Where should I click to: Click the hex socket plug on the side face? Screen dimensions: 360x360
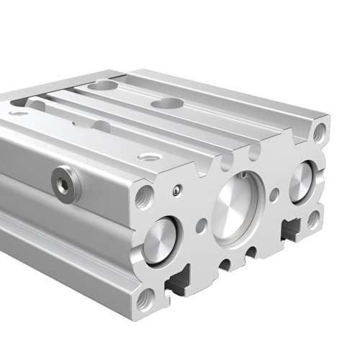[66, 183]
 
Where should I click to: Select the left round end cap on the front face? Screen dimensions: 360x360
[159, 240]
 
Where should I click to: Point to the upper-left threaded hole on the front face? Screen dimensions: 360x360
[144, 196]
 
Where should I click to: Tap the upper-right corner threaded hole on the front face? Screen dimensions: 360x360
[320, 131]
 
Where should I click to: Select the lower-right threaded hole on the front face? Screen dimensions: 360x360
[313, 218]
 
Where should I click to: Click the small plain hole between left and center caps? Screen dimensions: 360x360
[201, 225]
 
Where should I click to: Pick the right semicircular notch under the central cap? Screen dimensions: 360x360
[250, 252]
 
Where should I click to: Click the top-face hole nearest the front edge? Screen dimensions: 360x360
[150, 156]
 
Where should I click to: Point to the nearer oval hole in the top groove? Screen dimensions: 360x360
[166, 104]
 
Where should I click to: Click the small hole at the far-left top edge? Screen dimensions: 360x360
[19, 112]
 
